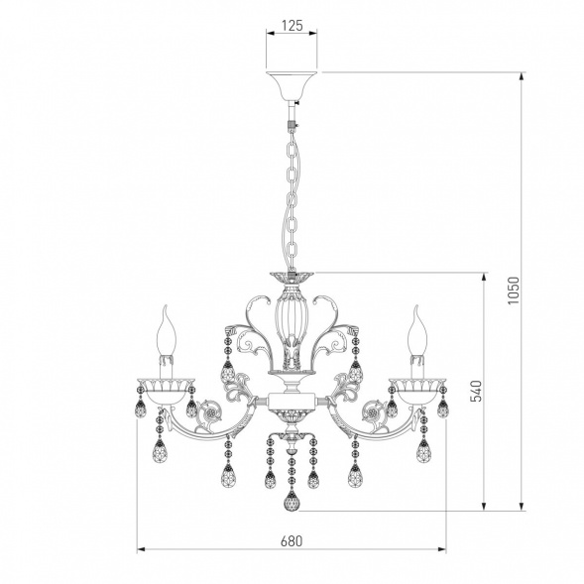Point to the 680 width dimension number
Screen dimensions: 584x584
(x=291, y=542)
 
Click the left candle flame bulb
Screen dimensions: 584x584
(x=166, y=322)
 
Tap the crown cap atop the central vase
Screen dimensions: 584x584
(x=291, y=278)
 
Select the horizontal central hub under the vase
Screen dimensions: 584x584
(x=291, y=402)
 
